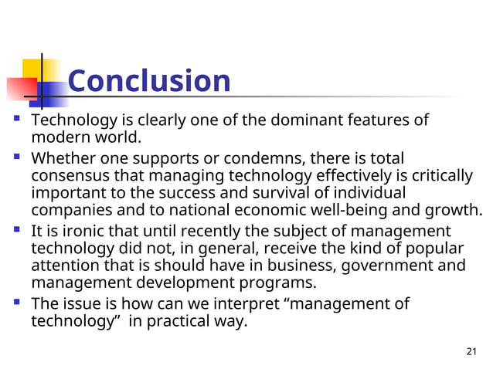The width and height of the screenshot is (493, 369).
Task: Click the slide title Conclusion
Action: [x=149, y=81]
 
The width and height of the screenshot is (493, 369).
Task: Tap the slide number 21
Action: [x=473, y=352]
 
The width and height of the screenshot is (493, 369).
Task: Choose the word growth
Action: [x=454, y=210]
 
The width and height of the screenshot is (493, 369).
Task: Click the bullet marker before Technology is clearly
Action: [x=17, y=121]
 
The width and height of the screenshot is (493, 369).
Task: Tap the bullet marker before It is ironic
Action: [x=17, y=231]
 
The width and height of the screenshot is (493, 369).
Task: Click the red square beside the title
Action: [x=18, y=87]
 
